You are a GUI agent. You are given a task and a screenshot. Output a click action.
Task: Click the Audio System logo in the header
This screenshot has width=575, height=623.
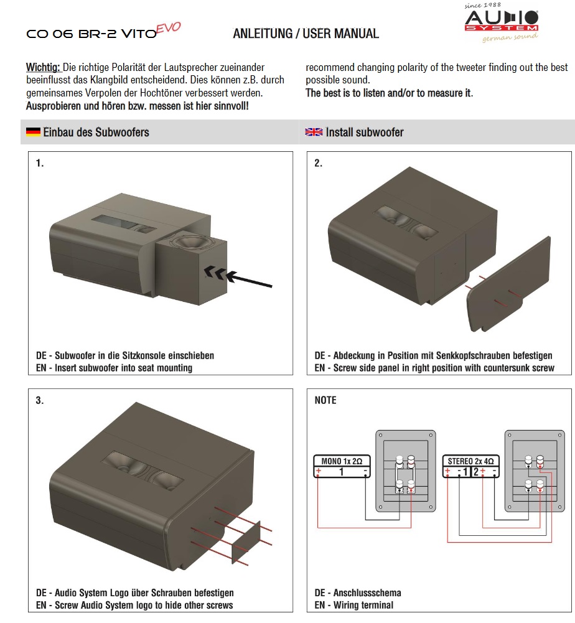(502, 21)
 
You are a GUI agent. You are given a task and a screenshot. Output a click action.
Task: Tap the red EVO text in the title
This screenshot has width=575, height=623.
(168, 28)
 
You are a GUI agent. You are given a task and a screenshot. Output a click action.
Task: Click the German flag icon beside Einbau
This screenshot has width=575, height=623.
(33, 132)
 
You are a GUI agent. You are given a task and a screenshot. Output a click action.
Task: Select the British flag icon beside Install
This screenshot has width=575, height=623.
(314, 132)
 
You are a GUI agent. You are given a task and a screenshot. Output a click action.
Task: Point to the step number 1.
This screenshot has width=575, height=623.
(40, 164)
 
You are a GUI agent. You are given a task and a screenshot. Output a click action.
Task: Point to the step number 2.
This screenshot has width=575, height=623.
(318, 164)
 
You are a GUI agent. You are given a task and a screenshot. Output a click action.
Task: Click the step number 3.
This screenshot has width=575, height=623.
(40, 401)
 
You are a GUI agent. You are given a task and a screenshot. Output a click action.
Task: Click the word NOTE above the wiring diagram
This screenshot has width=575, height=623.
(325, 400)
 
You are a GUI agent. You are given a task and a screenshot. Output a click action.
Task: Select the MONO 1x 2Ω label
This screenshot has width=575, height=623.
(341, 462)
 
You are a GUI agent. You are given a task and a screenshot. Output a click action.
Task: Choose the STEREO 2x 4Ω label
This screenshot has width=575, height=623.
(471, 461)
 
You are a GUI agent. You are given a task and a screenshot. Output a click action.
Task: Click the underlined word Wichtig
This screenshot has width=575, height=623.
(42, 67)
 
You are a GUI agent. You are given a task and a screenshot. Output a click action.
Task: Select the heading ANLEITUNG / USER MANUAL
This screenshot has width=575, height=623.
(306, 34)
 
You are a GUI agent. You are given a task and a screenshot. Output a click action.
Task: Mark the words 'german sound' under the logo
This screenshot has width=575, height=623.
(510, 39)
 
